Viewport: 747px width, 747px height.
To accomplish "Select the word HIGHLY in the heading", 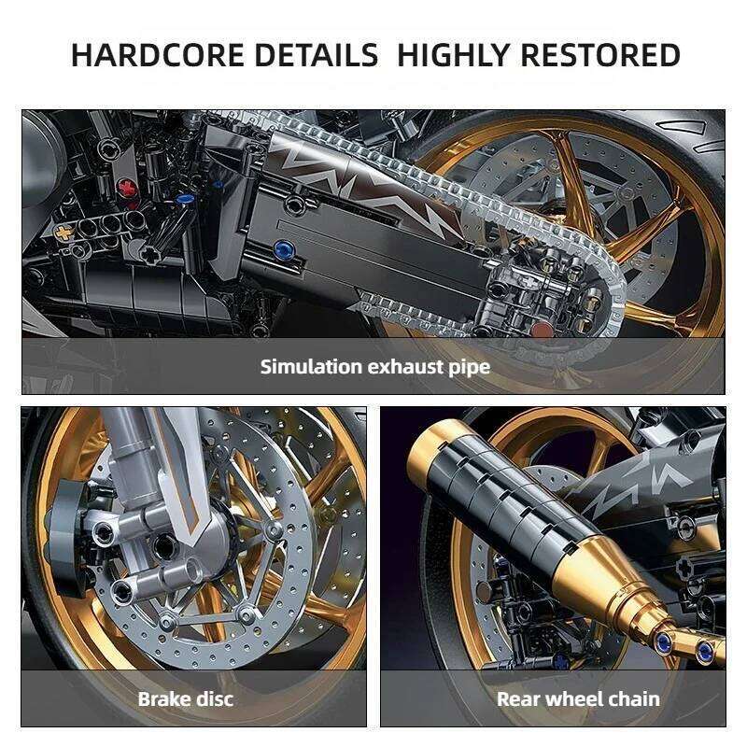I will point(453,55).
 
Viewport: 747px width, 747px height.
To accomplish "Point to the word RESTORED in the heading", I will point(599,55).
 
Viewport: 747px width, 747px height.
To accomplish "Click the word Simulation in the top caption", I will point(316,366).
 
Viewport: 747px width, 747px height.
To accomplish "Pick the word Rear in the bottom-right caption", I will point(518,698).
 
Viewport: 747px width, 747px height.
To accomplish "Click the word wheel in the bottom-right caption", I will point(575,698).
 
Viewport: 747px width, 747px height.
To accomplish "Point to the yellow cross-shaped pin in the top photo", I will point(63,230).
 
